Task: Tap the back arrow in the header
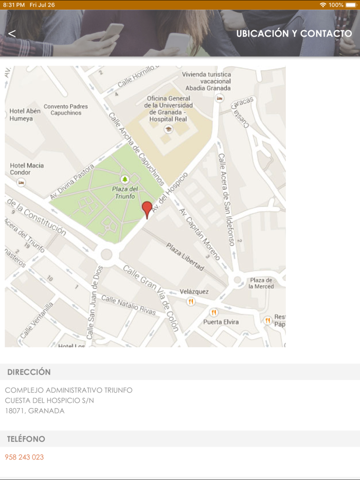click(x=12, y=33)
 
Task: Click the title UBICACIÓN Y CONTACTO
click(x=294, y=34)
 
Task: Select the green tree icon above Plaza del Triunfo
click(x=124, y=179)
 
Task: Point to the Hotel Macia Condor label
click(x=27, y=169)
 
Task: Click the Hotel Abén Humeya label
click(x=24, y=115)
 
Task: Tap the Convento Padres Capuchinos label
click(x=65, y=109)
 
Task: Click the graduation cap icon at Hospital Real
click(x=168, y=130)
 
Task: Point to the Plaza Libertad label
click(x=185, y=256)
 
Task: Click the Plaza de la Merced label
click(x=261, y=283)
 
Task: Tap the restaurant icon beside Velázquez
click(x=191, y=302)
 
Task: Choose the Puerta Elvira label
click(x=221, y=322)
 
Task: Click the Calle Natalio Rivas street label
click(x=128, y=305)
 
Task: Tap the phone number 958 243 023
click(x=24, y=457)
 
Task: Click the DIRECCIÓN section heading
click(x=29, y=372)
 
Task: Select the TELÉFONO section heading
click(x=26, y=439)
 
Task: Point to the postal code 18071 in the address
click(x=14, y=411)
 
